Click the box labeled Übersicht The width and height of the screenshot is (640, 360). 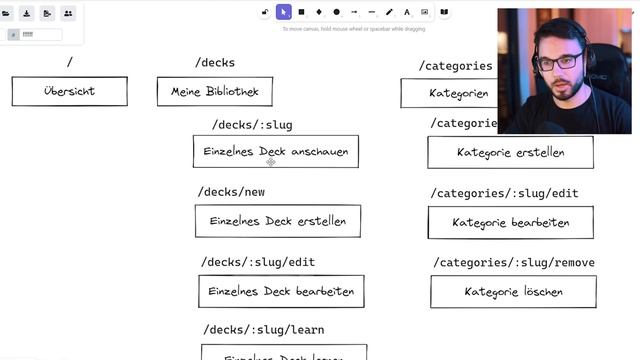69,91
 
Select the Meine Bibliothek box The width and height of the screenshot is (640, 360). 214,92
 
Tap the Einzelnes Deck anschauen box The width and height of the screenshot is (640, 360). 275,151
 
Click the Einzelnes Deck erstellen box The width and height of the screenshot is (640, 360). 277,221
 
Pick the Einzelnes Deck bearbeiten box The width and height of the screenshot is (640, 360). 281,291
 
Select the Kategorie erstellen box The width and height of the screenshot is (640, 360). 510,152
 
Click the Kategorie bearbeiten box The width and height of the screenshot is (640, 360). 510,222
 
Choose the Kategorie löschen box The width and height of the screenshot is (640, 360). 513,292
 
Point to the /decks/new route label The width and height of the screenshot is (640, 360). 231,192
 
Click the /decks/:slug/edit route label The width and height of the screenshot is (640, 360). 258,262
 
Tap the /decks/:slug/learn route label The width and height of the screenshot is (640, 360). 263,330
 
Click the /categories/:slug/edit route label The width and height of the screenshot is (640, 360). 504,193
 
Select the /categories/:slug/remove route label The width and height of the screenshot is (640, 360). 514,263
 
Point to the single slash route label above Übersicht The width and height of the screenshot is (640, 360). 69,63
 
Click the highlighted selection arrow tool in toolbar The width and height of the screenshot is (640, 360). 284,12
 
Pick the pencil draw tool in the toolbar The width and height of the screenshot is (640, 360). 389,12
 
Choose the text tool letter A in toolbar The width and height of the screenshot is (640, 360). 406,12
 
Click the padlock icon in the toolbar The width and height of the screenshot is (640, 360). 265,12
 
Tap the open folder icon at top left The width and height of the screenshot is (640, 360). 8,13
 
